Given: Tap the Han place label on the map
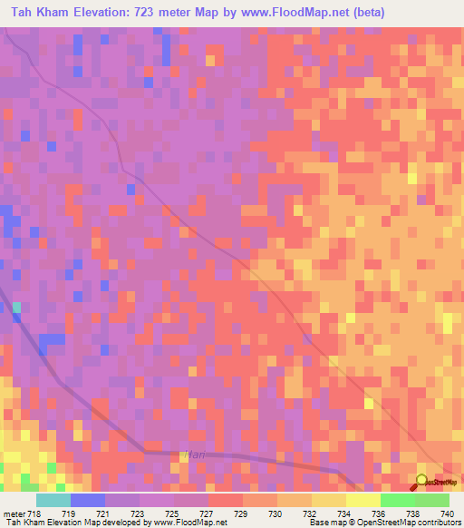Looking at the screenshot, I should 193,454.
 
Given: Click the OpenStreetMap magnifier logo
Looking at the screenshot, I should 421,480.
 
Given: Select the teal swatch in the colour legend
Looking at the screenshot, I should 53,500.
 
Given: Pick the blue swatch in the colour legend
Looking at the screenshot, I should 88,500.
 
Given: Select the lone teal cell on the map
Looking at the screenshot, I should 16,308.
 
